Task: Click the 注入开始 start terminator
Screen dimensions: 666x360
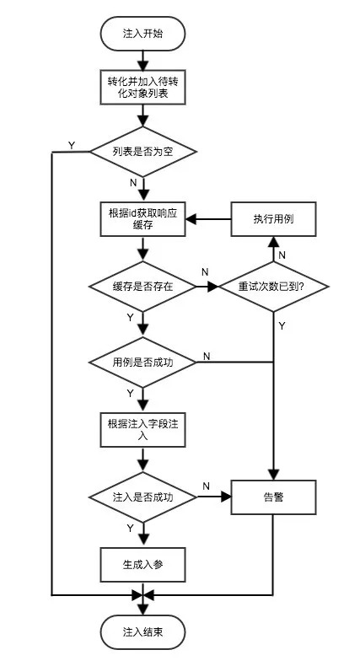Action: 142,35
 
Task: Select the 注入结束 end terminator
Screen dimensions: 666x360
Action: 142,632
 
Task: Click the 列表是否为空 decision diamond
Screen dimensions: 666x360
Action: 142,152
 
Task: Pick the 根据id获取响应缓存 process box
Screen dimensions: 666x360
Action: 142,219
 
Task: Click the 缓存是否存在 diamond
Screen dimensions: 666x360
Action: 142,287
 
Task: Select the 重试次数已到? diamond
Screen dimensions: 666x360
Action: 273,287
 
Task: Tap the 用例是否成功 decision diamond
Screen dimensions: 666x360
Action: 142,363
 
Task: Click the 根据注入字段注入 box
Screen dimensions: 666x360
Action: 142,431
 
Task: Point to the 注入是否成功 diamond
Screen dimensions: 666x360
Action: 142,498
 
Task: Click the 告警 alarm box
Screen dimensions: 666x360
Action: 273,497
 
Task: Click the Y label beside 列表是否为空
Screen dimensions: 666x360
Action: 71,145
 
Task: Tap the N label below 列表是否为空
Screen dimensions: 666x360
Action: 132,182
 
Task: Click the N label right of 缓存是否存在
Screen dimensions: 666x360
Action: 205,271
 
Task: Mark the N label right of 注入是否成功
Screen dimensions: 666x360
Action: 206,486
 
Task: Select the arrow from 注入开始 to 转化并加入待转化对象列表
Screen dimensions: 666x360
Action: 142,59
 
